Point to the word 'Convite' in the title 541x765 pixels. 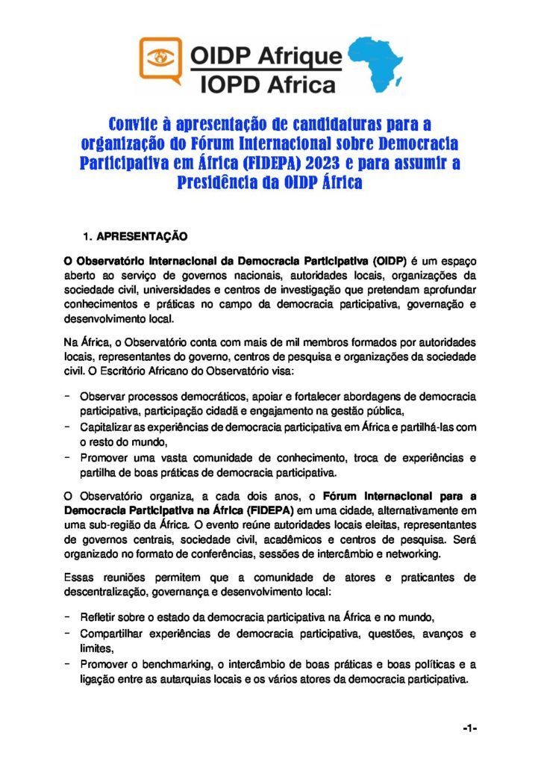pyautogui.click(x=137, y=123)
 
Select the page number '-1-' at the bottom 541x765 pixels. pyautogui.click(x=469, y=728)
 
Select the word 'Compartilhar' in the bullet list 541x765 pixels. pyautogui.click(x=113, y=634)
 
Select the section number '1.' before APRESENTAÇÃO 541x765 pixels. pyautogui.click(x=87, y=237)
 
